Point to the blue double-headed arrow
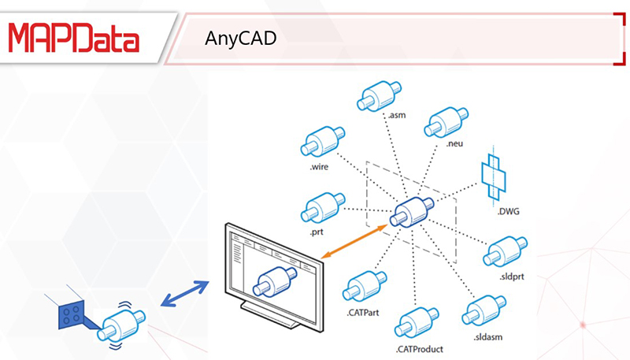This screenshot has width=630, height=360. tap(184, 294)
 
